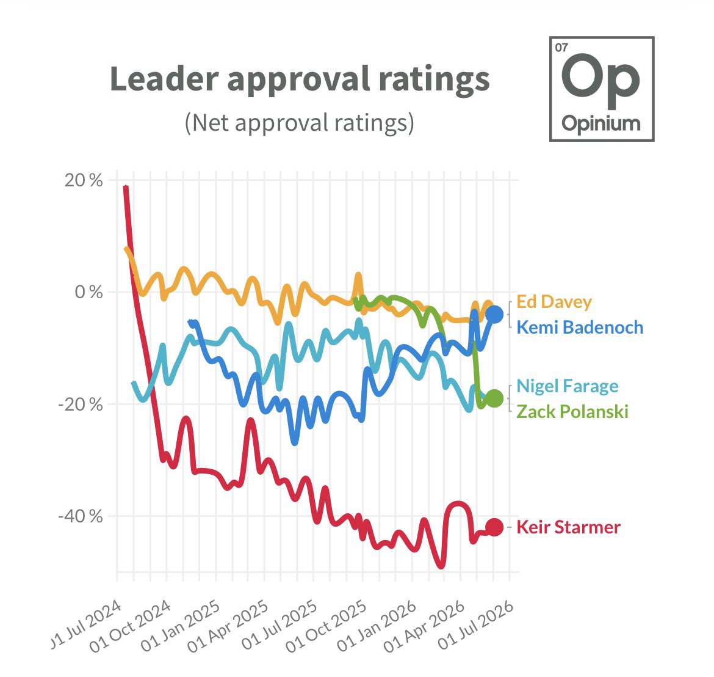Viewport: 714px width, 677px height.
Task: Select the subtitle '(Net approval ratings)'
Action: [x=300, y=123]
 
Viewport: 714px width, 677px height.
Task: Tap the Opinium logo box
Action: [x=602, y=89]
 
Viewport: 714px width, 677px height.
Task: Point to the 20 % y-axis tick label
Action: [x=84, y=180]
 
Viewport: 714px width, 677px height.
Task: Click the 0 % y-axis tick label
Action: [x=89, y=292]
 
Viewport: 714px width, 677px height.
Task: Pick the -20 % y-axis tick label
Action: [x=81, y=404]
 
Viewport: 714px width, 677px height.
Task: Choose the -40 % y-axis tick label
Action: [x=81, y=516]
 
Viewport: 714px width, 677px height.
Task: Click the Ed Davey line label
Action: [x=554, y=302]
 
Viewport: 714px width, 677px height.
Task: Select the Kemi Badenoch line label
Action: [x=580, y=328]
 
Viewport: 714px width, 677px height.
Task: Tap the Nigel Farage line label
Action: [x=568, y=386]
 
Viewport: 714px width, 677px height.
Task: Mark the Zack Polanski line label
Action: [x=572, y=412]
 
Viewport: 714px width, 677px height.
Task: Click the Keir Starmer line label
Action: [x=568, y=527]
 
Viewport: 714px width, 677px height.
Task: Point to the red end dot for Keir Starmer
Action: [x=494, y=527]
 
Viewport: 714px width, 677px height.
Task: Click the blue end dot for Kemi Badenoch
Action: [x=494, y=314]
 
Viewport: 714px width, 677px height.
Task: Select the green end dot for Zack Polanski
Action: [x=494, y=398]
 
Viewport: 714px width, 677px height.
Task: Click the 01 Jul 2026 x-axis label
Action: [x=476, y=624]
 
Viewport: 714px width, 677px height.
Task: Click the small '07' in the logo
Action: [x=562, y=48]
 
